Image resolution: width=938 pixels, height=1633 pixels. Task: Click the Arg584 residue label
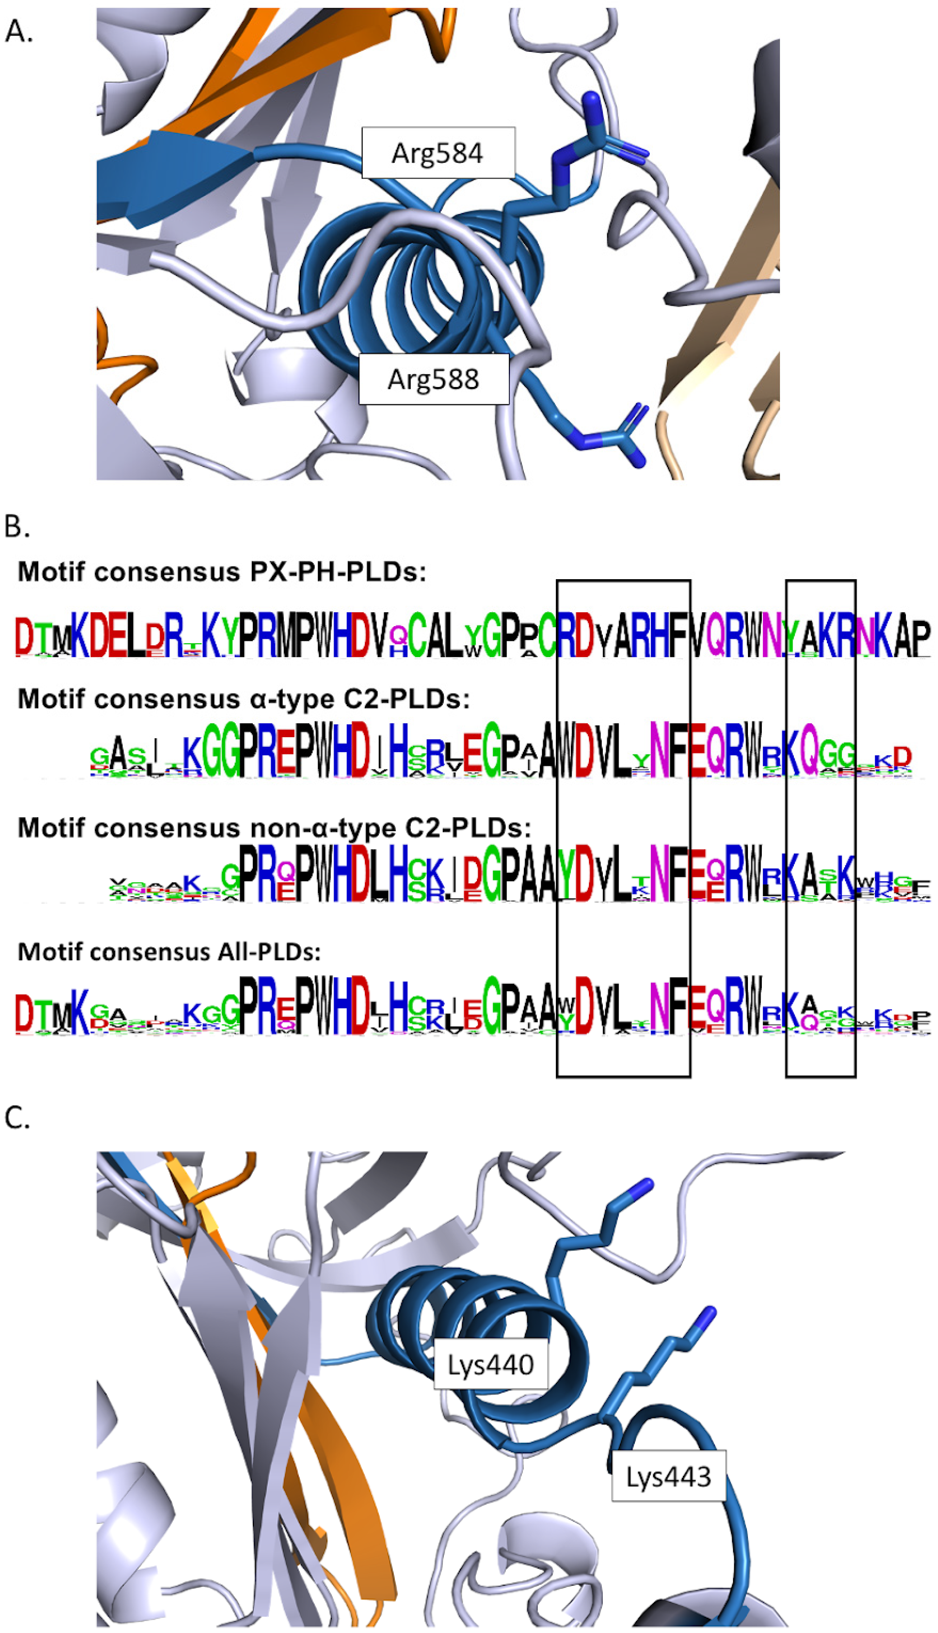click(x=438, y=153)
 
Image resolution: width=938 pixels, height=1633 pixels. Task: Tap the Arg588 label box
click(x=433, y=379)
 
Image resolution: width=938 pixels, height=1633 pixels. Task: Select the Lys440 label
click(x=491, y=1364)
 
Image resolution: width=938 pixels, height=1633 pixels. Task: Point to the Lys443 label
click(x=669, y=1476)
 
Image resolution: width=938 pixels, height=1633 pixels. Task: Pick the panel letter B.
click(x=17, y=526)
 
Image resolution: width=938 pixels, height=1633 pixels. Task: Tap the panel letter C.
click(x=17, y=1118)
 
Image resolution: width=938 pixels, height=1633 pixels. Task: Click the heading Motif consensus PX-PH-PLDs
click(x=222, y=571)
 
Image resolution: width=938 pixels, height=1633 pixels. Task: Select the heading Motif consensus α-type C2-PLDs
click(x=244, y=698)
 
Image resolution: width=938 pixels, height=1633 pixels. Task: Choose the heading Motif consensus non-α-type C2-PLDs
click(x=274, y=827)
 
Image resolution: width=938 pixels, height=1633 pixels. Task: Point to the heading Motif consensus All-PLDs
click(x=169, y=951)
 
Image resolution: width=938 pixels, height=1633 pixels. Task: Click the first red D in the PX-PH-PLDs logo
click(x=24, y=636)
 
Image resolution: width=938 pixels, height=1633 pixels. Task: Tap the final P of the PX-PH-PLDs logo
click(x=922, y=637)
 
